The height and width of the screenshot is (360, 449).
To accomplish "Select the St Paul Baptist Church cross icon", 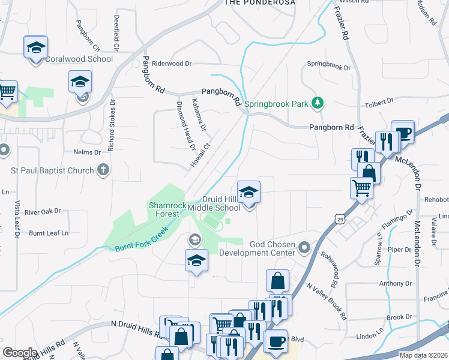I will pos(103,170).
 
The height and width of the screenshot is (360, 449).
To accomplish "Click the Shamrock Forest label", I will pos(164,209).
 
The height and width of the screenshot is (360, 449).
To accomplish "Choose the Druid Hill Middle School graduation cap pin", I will pos(249,193).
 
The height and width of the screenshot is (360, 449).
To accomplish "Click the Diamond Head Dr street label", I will pos(185,125).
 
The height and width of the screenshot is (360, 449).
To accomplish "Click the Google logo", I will pos(20,353).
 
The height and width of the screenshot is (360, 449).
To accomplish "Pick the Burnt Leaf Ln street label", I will pos(49,232).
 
